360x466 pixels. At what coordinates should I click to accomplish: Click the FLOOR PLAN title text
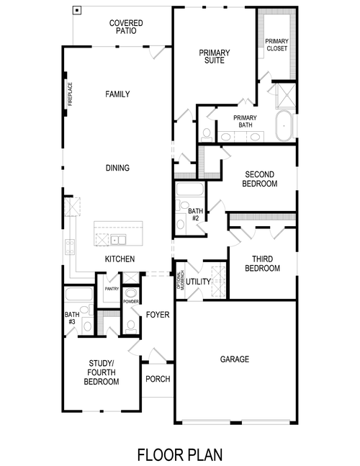180,454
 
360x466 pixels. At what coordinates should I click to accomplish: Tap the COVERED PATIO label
126,27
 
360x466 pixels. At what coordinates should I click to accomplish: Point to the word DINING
117,169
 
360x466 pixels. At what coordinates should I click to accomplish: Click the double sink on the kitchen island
117,239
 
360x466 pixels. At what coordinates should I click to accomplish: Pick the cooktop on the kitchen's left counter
71,247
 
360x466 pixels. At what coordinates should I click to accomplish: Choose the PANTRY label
111,288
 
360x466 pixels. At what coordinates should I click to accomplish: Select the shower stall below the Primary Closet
282,95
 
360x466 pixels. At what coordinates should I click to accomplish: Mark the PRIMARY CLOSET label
276,45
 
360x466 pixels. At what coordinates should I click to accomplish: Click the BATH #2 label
194,214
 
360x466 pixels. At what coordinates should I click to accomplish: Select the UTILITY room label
198,282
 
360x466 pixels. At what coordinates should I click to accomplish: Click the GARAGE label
235,359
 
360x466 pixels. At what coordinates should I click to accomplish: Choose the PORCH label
158,379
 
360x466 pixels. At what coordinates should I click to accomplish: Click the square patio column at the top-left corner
78,12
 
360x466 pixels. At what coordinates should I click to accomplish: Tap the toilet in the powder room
130,325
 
